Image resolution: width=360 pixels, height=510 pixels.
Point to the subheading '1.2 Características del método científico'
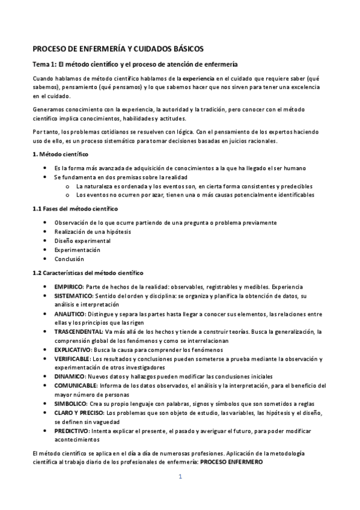(x=88, y=272)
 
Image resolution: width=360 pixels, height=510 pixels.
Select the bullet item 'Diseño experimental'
(x=82, y=241)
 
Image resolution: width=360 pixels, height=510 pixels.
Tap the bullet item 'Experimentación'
(x=77, y=250)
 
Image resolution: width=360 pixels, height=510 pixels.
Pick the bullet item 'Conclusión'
(x=69, y=259)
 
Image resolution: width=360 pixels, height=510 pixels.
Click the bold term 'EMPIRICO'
(x=67, y=287)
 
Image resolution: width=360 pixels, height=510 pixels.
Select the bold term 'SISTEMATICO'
(x=73, y=296)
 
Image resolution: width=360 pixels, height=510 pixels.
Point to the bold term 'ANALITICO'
(x=69, y=314)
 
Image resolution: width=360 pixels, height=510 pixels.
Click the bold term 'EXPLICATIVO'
(x=72, y=349)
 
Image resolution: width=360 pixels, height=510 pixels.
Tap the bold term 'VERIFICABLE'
(x=72, y=358)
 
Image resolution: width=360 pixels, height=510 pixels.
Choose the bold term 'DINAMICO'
(x=69, y=376)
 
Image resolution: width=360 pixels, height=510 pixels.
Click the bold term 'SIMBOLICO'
(x=70, y=403)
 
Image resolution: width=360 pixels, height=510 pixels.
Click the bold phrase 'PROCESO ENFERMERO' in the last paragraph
(x=231, y=461)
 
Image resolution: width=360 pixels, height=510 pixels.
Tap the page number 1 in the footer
(x=180, y=477)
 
